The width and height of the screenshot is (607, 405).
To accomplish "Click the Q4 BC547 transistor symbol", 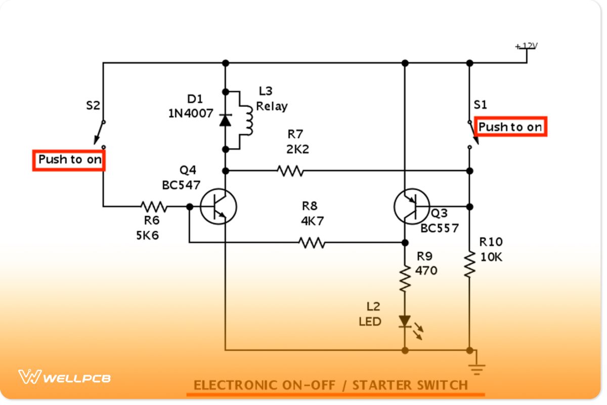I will click(218, 207).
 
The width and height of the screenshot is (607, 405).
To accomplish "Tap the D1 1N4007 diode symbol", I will click(226, 120).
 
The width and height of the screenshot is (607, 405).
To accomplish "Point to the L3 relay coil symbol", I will click(246, 120).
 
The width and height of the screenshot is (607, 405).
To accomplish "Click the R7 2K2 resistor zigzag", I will click(290, 171).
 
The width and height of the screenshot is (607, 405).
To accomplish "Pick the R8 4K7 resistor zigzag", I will click(312, 243).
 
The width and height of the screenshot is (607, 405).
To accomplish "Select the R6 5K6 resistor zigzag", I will click(153, 207).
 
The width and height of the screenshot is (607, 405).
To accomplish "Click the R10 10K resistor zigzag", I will click(470, 263).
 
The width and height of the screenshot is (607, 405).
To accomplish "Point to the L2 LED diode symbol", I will click(405, 321).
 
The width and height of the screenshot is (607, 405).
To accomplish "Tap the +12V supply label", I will click(527, 46).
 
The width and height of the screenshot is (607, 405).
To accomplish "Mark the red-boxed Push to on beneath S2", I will click(69, 160).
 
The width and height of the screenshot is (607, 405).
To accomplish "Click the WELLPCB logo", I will click(65, 377).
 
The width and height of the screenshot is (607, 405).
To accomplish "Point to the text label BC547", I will click(181, 185).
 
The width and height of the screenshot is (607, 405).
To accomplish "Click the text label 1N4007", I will click(191, 113).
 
